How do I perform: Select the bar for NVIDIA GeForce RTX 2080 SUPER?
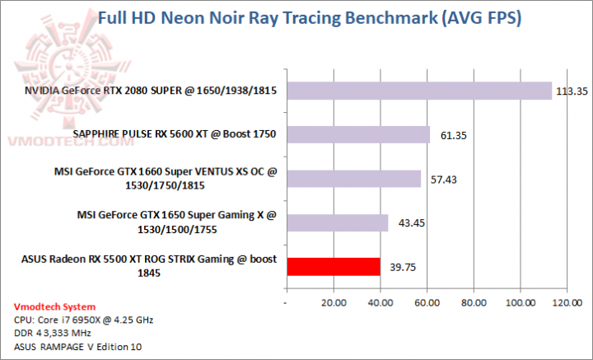pyautogui.click(x=418, y=91)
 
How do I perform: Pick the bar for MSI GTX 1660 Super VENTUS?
pyautogui.click(x=353, y=179)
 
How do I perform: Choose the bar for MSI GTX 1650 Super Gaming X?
pyautogui.click(x=337, y=222)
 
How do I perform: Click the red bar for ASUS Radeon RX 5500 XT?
pyautogui.click(x=333, y=266)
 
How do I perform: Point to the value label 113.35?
pyautogui.click(x=569, y=91)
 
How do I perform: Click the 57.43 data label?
pyautogui.click(x=438, y=179)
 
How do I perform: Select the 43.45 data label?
pyautogui.click(x=405, y=223)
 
